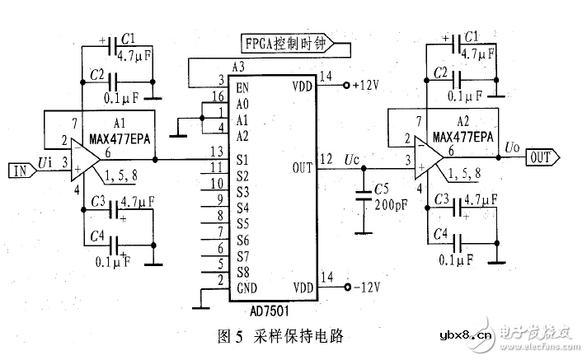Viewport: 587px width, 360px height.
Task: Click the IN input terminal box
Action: [20, 171]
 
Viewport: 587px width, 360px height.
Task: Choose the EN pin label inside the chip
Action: [243, 86]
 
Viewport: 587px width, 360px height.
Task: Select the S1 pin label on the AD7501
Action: [242, 159]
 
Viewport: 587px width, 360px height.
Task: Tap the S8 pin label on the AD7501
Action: [242, 271]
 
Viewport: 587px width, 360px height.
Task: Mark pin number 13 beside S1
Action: [217, 152]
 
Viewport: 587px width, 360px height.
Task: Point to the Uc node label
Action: [352, 157]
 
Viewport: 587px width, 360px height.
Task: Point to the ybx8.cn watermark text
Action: [466, 335]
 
